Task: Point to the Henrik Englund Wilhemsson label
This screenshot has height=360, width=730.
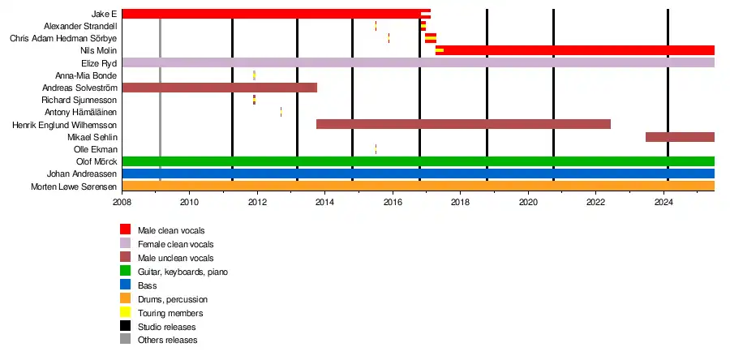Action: coord(66,126)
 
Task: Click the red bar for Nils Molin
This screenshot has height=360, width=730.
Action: coord(576,50)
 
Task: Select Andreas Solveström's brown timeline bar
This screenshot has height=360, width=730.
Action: coord(219,88)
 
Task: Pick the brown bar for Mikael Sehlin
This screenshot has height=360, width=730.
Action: coord(680,137)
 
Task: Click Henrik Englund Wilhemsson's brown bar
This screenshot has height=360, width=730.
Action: coord(462,124)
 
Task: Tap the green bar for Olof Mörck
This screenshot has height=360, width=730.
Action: coord(418,161)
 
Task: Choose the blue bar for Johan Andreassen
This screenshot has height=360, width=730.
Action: coord(418,174)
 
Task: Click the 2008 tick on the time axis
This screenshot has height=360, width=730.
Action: coord(122,202)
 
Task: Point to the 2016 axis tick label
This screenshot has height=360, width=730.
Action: coord(393,202)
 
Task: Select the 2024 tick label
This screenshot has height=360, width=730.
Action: coord(663,202)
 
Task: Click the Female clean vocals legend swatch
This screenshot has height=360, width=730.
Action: coord(126,244)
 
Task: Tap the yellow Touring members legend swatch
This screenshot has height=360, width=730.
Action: coord(126,313)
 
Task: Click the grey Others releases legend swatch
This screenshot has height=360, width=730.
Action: coord(126,341)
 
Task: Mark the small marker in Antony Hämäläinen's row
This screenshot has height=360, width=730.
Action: coord(281,112)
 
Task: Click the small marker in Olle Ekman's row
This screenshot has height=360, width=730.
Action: coord(376,149)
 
